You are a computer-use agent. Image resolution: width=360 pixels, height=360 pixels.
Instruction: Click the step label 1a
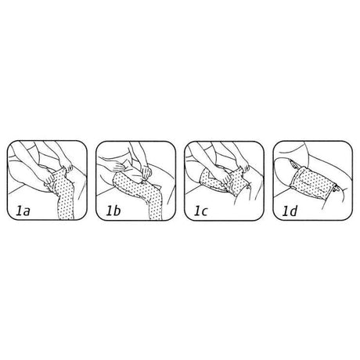pos(23,211)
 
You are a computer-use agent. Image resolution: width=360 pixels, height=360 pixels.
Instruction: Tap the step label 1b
pos(113,211)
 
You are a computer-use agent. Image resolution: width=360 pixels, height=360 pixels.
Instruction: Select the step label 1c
pos(201,211)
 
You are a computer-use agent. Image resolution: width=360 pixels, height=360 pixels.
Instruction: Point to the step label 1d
pos(290,211)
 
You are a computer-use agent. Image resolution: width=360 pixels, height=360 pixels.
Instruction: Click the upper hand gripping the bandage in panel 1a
pos(67,166)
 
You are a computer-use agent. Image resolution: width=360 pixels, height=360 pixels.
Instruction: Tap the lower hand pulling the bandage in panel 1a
pos(48,177)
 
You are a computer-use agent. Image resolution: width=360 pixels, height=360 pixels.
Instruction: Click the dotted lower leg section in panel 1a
pos(65,203)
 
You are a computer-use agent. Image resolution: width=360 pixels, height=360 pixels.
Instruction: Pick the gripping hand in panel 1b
pos(146,173)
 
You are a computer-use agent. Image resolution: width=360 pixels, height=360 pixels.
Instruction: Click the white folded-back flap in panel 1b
pos(131,165)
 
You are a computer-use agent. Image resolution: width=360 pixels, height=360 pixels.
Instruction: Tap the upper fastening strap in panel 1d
pos(294,165)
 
